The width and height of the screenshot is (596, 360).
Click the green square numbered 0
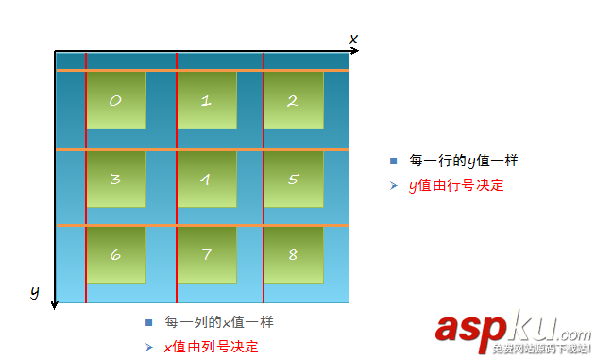pyautogui.click(x=116, y=100)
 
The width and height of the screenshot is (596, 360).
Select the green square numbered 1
pyautogui.click(x=206, y=100)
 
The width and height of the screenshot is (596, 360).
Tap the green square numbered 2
pyautogui.click(x=293, y=100)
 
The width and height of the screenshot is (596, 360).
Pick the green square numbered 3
pyautogui.click(x=116, y=179)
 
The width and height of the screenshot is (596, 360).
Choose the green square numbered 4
pyautogui.click(x=206, y=179)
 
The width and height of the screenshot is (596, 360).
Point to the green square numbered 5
pyautogui.click(x=293, y=179)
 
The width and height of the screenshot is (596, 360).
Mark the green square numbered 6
pyautogui.click(x=116, y=255)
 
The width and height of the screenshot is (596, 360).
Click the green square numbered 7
pyautogui.click(x=206, y=255)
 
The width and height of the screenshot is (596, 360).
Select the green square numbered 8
pyautogui.click(x=293, y=255)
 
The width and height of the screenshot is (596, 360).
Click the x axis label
pyautogui.click(x=353, y=39)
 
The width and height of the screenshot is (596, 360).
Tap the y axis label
pyautogui.click(x=34, y=292)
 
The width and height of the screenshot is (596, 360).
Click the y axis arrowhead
pyautogui.click(x=55, y=303)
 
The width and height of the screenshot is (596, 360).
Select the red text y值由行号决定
pyautogui.click(x=456, y=185)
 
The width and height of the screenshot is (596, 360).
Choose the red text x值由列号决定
pyautogui.click(x=212, y=347)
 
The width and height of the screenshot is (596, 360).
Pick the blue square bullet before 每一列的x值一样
pyautogui.click(x=149, y=322)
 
